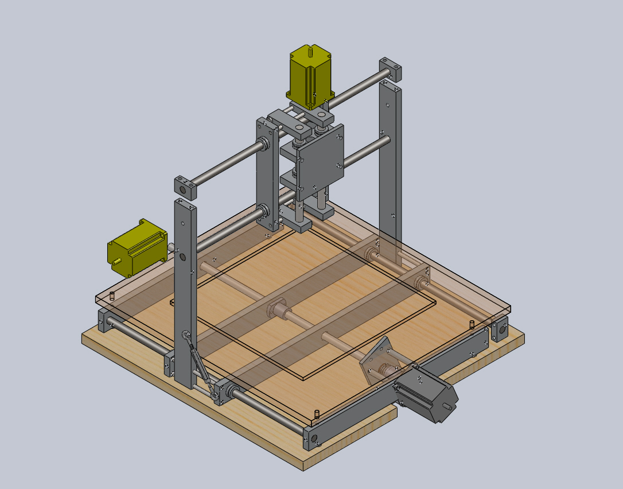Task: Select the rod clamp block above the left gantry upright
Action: point(186,187)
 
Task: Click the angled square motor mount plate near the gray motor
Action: point(377,362)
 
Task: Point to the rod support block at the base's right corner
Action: point(499,331)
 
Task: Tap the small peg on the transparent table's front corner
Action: point(317,412)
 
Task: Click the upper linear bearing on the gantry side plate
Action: point(264,142)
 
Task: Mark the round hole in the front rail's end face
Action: point(313,440)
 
